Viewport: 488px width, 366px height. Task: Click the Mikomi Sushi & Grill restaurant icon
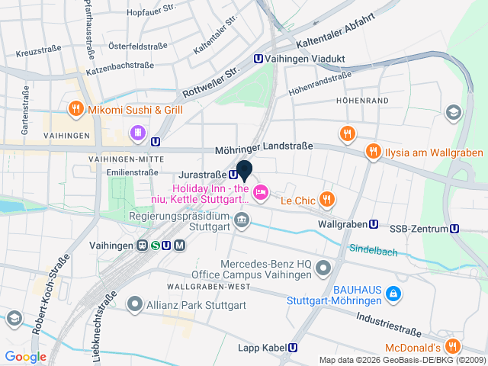point(75,109)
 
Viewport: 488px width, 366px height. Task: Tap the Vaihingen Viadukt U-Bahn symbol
point(259,57)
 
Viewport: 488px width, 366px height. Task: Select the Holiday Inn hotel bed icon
point(260,192)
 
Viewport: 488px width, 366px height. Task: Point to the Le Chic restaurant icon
point(326,200)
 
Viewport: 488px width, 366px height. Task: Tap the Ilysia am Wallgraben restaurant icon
point(373,151)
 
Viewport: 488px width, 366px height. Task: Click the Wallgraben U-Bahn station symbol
point(374,224)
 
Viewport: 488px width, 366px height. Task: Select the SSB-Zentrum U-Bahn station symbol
point(454,228)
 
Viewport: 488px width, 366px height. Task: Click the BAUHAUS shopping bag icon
point(392,292)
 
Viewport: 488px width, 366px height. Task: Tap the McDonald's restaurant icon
point(452,345)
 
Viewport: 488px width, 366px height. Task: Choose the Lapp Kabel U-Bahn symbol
point(293,348)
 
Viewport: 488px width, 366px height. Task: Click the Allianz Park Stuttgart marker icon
point(135,305)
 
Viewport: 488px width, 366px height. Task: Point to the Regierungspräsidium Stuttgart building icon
point(242,221)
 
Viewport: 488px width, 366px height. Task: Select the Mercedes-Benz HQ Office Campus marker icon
point(323,268)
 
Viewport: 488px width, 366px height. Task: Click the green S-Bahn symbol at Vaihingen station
point(155,245)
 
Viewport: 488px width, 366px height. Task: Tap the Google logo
point(25,356)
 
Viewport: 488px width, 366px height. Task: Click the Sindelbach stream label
point(373,249)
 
